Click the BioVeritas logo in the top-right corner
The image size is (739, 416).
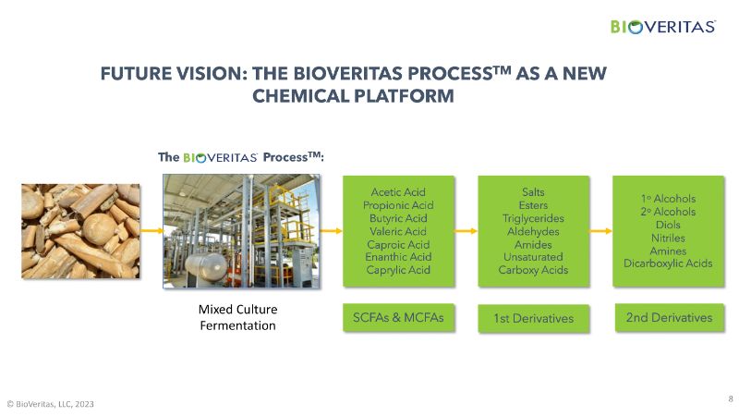click(663, 27)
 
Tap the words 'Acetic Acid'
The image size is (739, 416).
click(398, 192)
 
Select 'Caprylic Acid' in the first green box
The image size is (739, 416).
click(398, 270)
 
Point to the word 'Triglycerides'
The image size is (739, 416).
click(533, 218)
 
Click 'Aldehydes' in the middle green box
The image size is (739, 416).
click(533, 232)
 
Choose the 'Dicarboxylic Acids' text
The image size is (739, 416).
click(668, 263)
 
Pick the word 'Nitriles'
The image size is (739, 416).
click(668, 238)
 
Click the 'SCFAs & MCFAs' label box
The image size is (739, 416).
click(399, 317)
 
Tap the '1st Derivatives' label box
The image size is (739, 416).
click(534, 318)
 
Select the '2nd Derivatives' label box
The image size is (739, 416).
click(669, 317)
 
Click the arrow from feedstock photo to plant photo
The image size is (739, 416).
click(151, 230)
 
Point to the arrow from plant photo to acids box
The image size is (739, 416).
click(332, 230)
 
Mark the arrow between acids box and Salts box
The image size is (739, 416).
click(466, 230)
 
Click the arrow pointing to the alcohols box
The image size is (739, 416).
click(601, 230)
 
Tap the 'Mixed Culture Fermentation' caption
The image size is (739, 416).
click(238, 317)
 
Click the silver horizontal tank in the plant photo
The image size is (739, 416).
click(206, 266)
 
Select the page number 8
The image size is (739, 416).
click(731, 398)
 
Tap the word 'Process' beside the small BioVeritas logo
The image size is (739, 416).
click(285, 157)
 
